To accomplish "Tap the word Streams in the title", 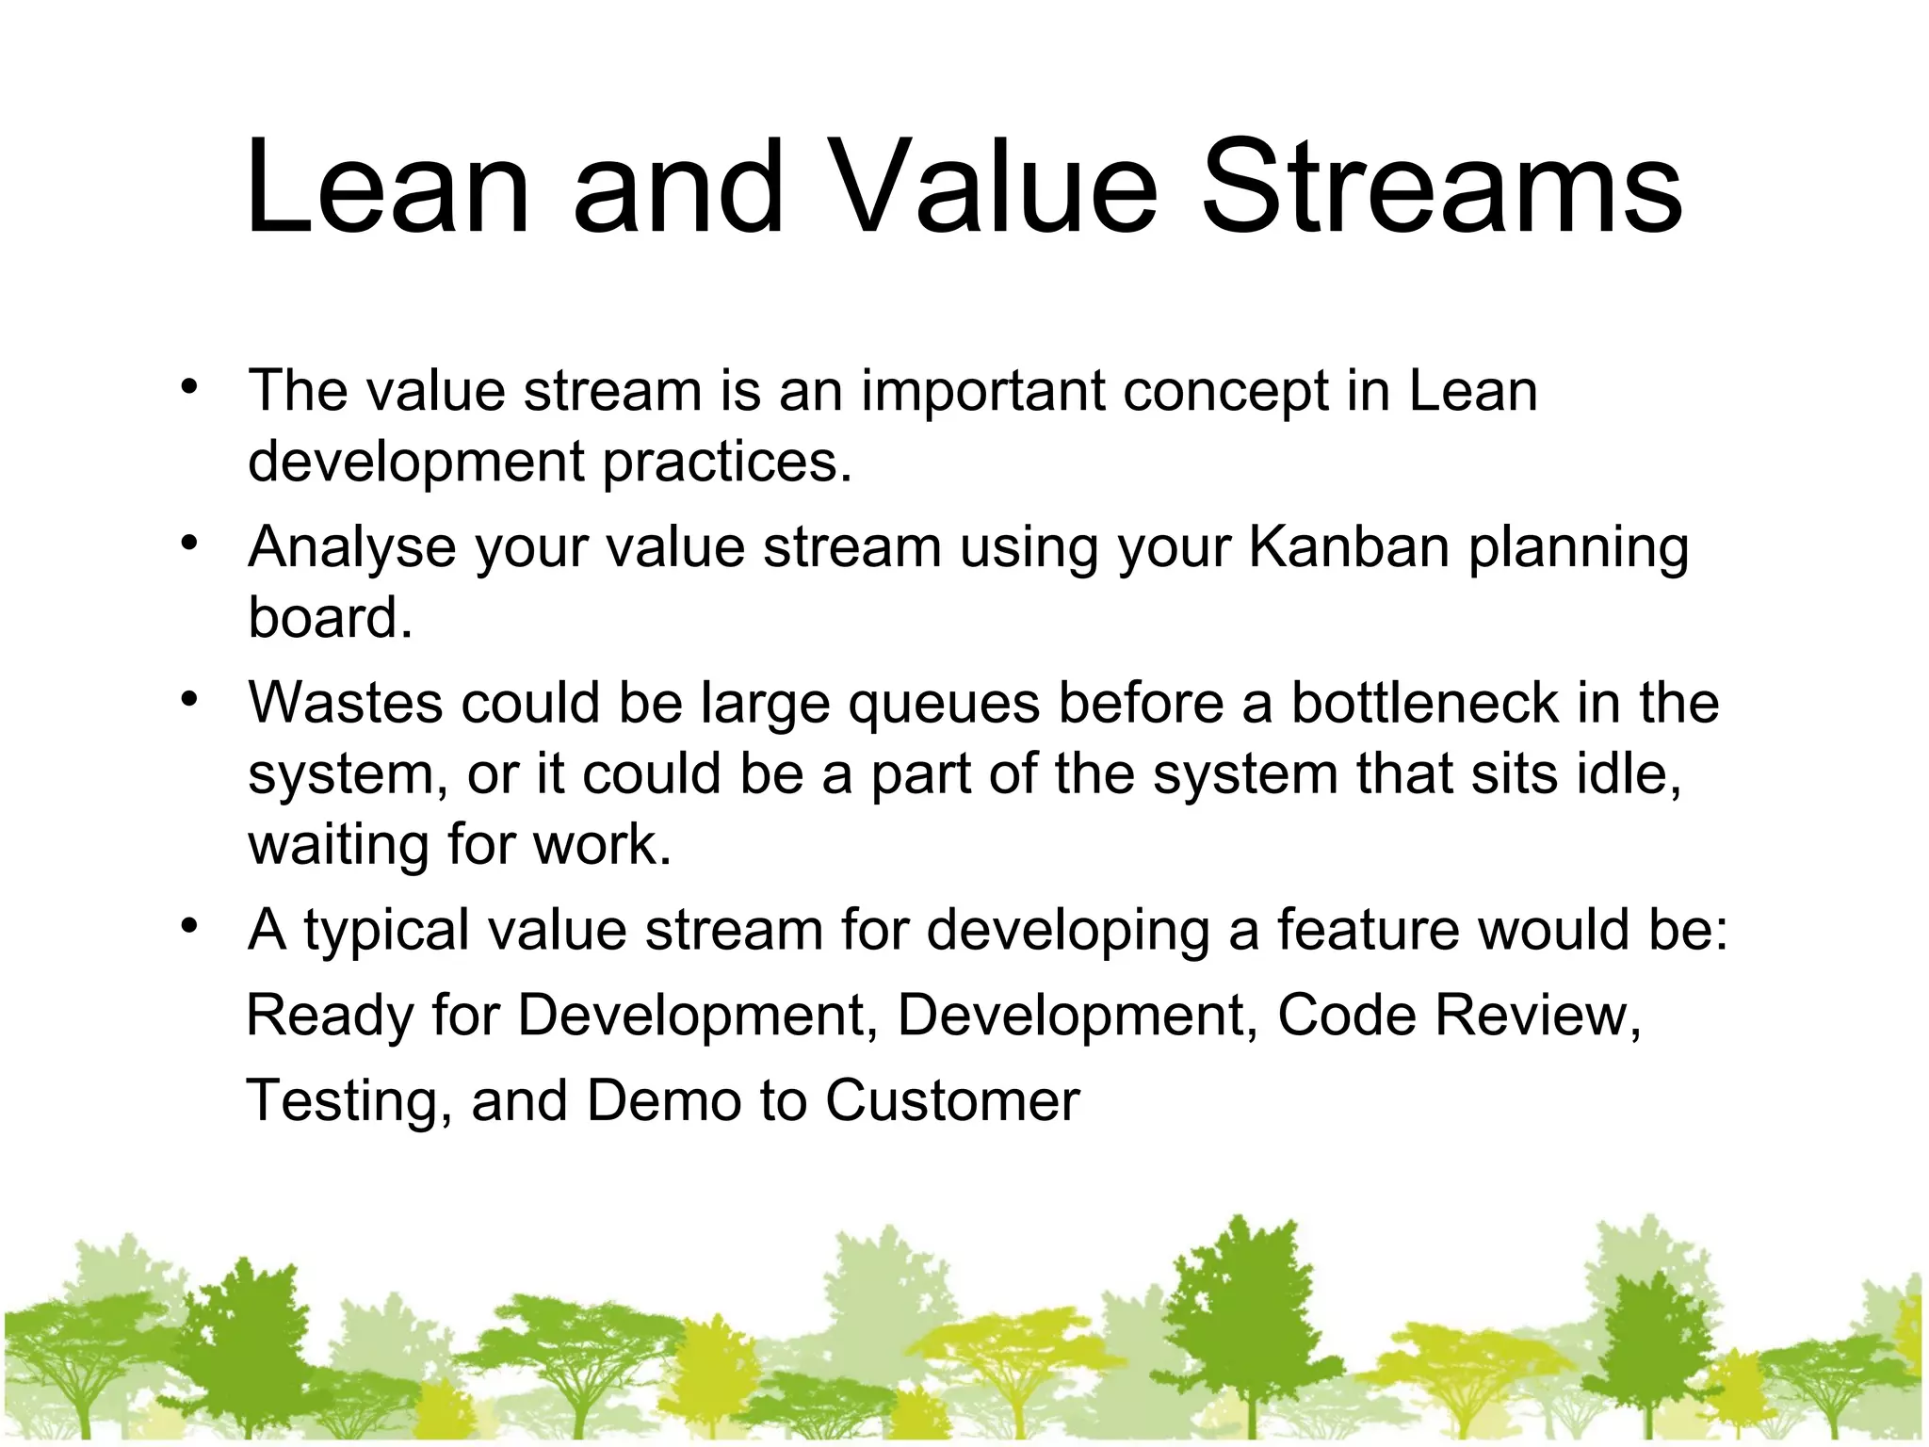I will (x=1442, y=187).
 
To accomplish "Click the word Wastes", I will (x=345, y=703).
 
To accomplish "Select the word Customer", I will (x=952, y=1100).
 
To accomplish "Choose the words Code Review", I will (x=1458, y=1016).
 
